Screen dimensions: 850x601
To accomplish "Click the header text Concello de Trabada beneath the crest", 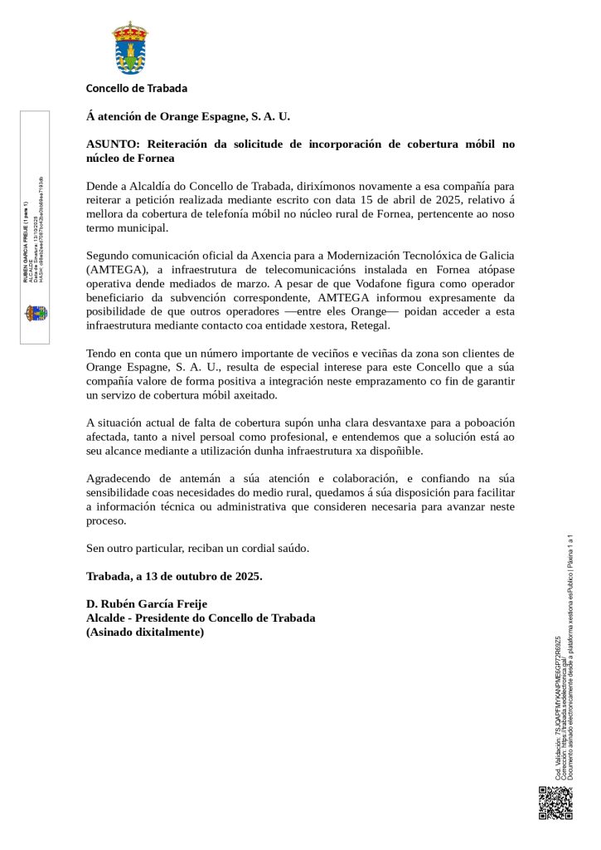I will click(137, 88).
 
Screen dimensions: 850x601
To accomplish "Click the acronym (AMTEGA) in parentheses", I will click(117, 270).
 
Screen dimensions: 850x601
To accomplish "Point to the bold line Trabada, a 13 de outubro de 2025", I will click(174, 576).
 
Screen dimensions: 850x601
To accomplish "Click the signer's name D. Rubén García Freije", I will click(147, 603).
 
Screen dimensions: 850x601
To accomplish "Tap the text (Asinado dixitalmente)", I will click(145, 632).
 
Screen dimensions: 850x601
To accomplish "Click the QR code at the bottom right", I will click(555, 803).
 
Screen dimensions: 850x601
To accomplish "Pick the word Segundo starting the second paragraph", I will click(109, 256).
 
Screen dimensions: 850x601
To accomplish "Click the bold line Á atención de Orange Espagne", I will click(188, 117).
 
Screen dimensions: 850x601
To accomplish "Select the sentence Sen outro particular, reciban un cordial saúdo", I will click(197, 548).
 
